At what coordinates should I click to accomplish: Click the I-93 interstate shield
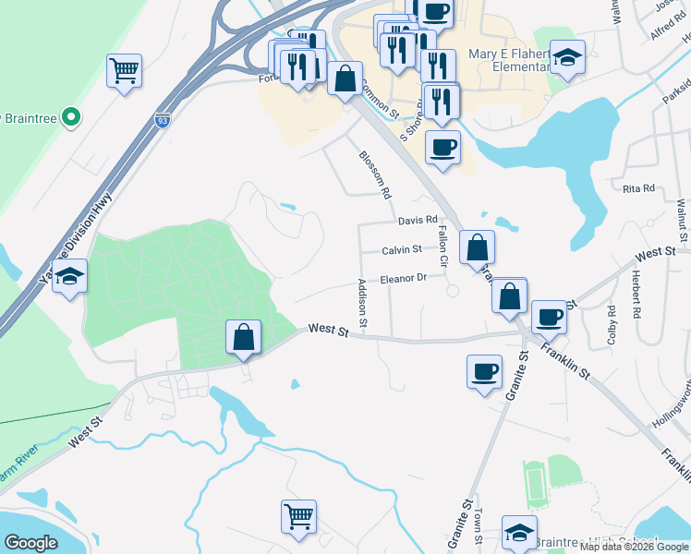coord(162,121)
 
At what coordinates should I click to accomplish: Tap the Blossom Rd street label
coord(376,175)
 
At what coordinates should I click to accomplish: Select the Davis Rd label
coord(417,221)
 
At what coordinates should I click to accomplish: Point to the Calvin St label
coord(402,249)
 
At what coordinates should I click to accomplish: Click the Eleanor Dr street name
coord(403,278)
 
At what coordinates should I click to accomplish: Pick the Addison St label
coord(363,303)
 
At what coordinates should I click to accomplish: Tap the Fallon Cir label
coord(442,247)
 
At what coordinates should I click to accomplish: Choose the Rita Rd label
coord(637,188)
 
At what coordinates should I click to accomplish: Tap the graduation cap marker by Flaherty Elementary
coord(567,57)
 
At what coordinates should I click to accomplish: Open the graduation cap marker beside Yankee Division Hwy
coord(69,277)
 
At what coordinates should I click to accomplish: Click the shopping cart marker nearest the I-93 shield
coord(124,70)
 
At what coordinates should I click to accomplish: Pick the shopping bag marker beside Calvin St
coord(476,247)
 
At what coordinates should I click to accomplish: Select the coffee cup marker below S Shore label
coord(442,147)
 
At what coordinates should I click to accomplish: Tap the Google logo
coord(30,543)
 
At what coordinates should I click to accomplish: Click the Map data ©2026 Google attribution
coord(634,547)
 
